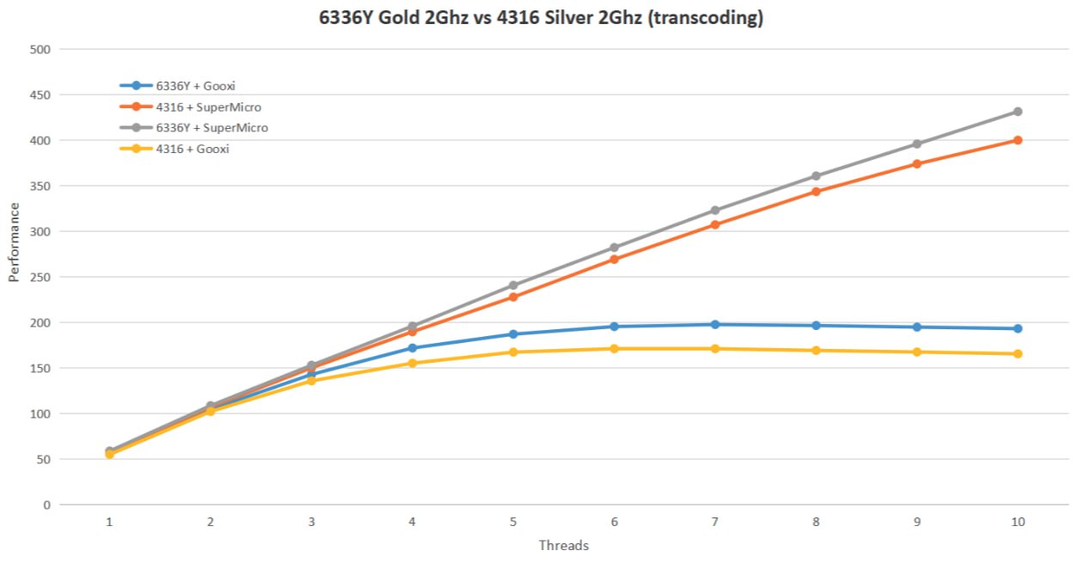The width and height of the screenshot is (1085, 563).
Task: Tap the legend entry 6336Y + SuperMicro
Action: coord(211,128)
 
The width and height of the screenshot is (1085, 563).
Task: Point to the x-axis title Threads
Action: coord(563,546)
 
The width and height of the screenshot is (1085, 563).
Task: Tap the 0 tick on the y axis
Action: coord(47,505)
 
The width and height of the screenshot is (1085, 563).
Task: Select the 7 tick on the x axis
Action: coord(714,522)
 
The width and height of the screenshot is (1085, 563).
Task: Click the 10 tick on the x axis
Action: coord(1017,522)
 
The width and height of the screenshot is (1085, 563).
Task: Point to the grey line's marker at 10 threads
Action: coord(1017,112)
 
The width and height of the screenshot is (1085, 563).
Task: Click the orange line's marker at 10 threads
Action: coord(1017,140)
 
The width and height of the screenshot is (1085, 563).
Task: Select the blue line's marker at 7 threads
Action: coord(714,324)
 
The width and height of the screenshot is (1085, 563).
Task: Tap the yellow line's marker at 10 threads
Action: coord(1017,353)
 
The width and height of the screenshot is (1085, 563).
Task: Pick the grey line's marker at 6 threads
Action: coord(614,248)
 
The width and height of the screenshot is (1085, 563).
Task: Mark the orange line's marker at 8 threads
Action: coord(815,192)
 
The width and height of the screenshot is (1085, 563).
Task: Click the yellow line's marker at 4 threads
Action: coord(413,363)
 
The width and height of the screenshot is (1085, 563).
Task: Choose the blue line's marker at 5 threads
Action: coord(513,334)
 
